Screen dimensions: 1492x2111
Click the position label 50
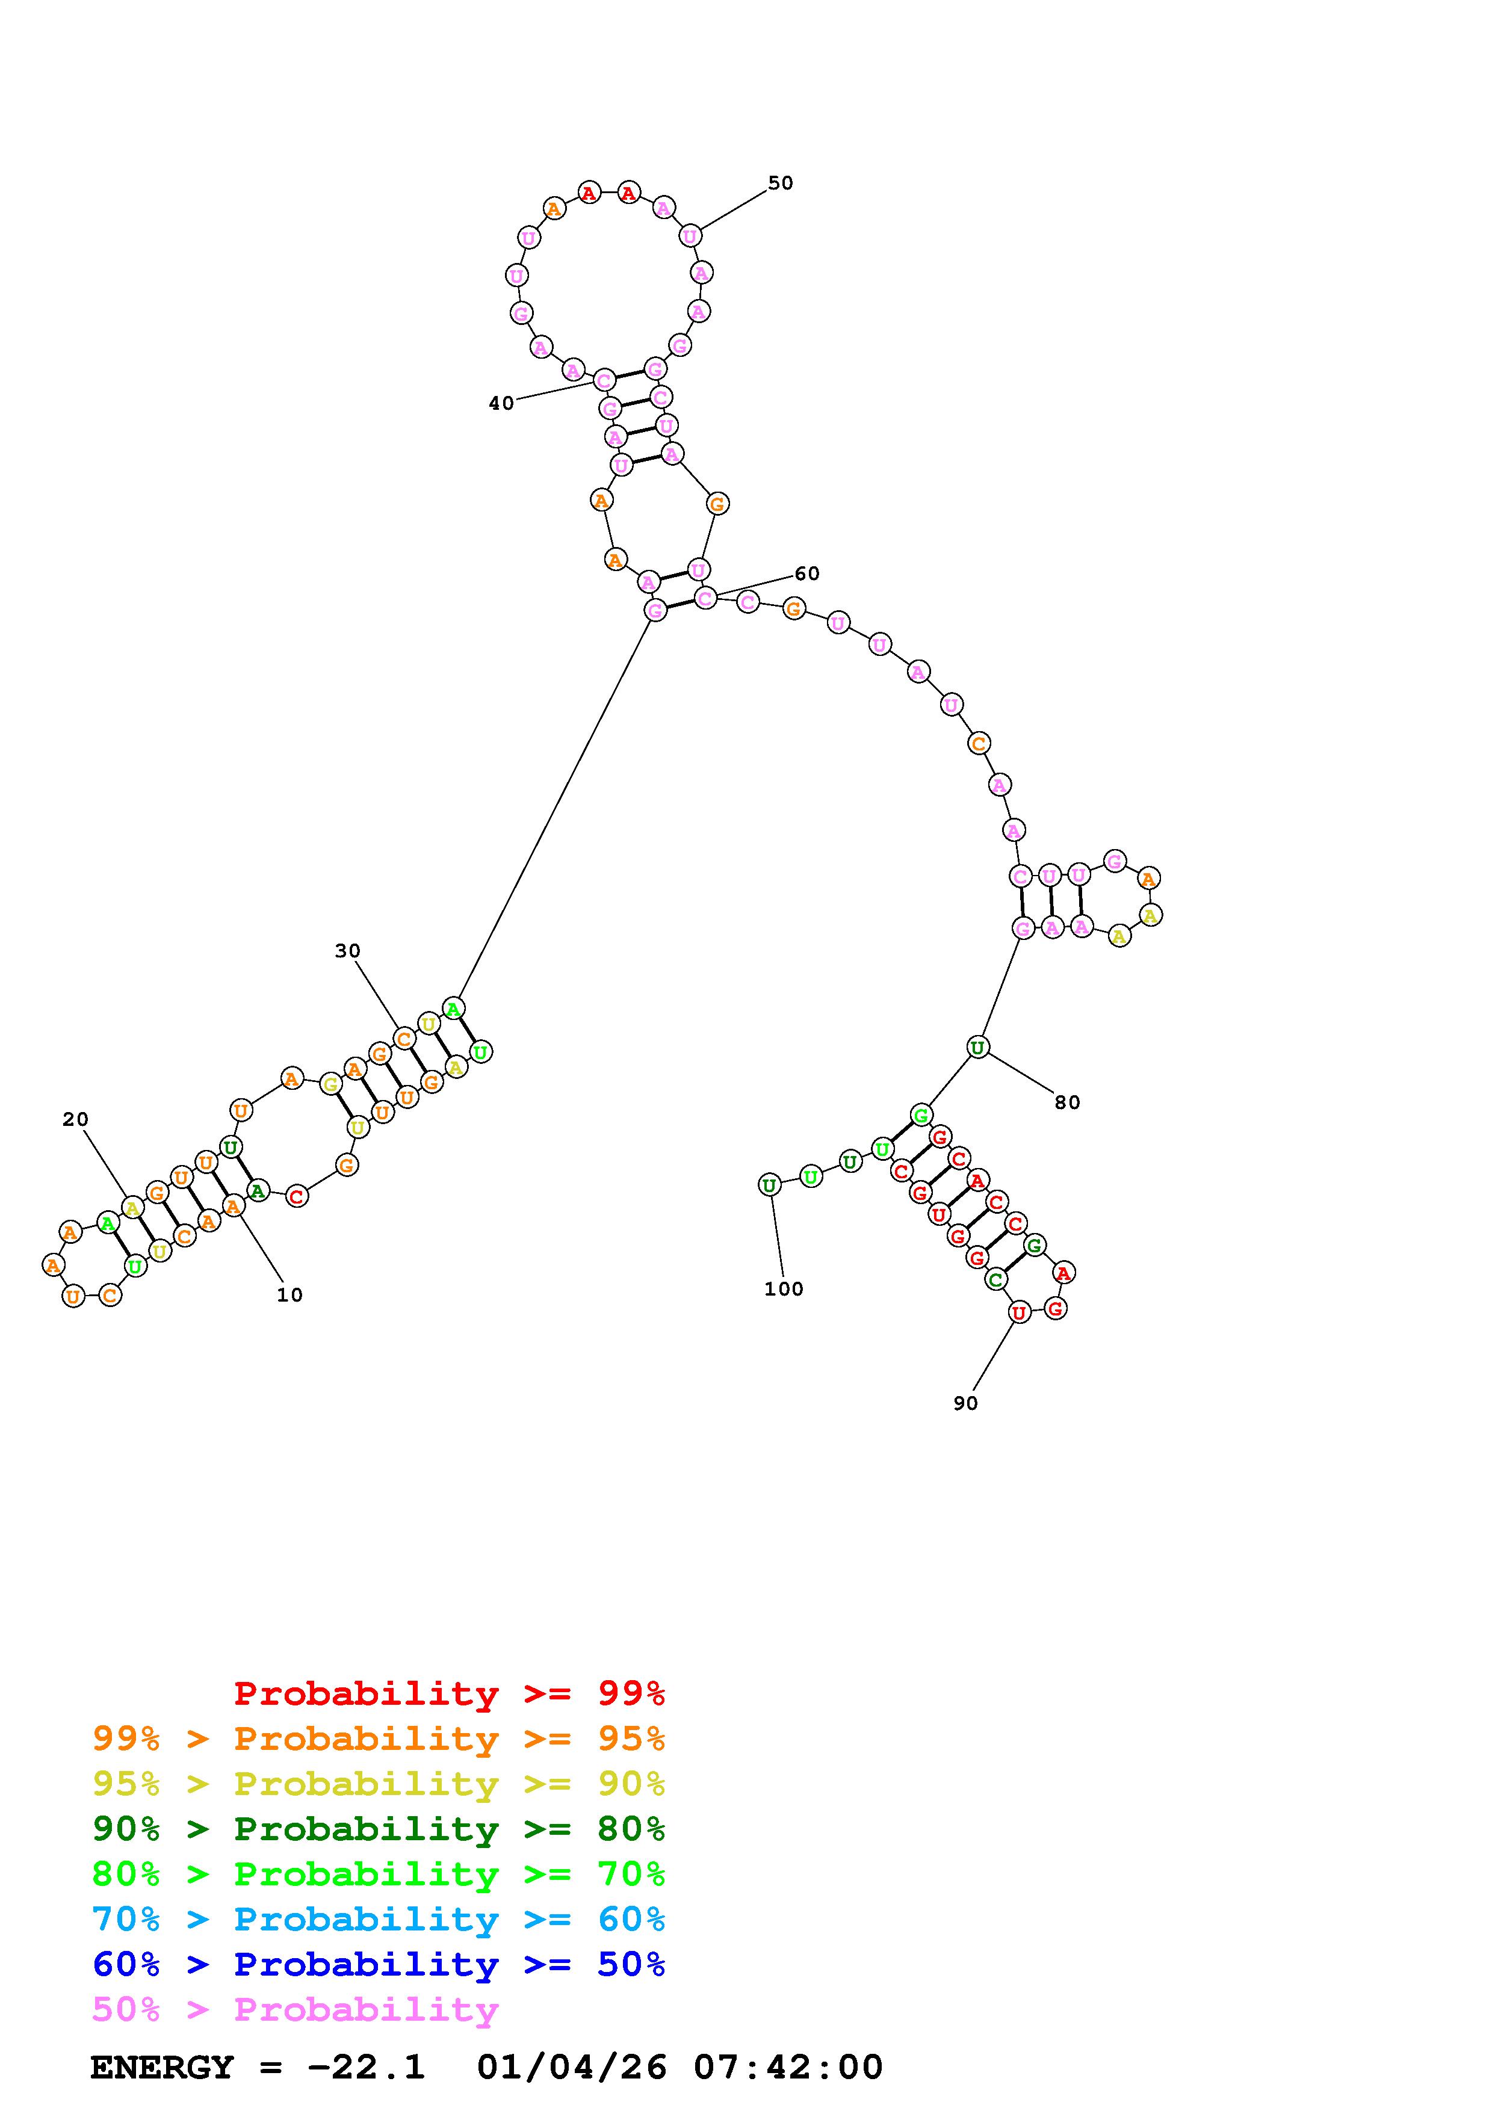781,183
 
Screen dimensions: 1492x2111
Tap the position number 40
501,404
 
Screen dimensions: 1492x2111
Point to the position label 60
807,573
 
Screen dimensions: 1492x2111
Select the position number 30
347,951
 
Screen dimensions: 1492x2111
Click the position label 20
75,1119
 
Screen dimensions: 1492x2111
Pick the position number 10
289,1294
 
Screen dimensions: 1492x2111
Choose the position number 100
783,1289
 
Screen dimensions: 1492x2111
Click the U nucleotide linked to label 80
977,1046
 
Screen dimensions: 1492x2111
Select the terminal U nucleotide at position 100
769,1185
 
